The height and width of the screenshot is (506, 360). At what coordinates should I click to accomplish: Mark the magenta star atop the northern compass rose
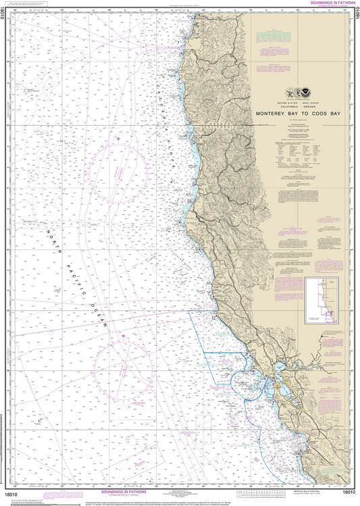119,138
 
